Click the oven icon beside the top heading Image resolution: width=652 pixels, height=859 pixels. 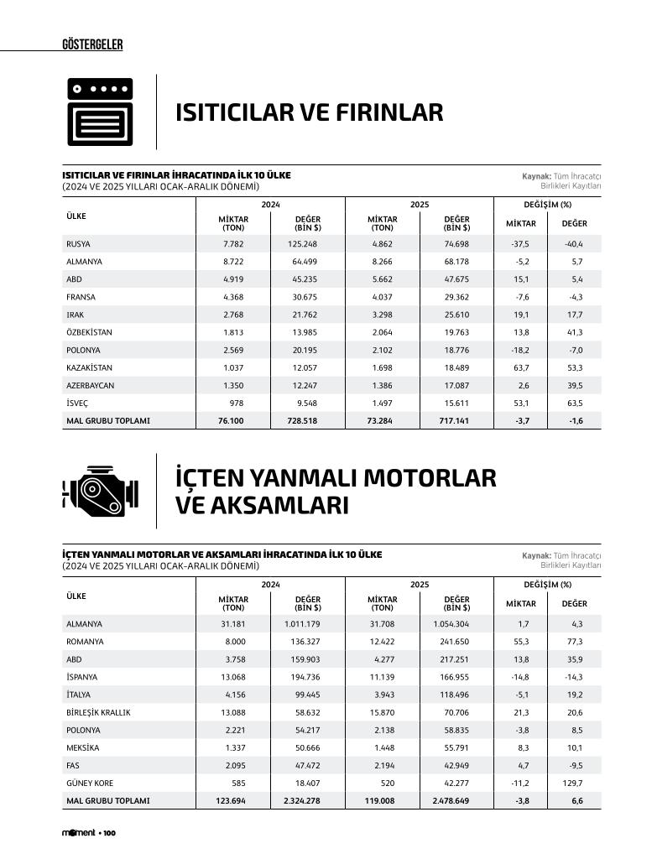pos(100,112)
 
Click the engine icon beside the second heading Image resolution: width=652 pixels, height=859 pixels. pos(99,492)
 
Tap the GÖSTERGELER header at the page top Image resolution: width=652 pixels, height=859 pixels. pos(92,44)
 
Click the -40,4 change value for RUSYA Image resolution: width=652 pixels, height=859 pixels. pos(573,244)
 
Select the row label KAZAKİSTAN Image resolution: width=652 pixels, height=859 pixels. pos(89,367)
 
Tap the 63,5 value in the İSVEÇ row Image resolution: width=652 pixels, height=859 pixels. pos(574,403)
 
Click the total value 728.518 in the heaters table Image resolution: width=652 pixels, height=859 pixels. pos(302,420)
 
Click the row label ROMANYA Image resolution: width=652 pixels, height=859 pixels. pos(85,642)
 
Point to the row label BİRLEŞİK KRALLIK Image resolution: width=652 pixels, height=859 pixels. pos(98,712)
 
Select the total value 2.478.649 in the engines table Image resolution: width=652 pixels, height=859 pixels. pos(451,801)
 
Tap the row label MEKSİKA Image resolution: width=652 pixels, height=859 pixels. pos(82,747)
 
